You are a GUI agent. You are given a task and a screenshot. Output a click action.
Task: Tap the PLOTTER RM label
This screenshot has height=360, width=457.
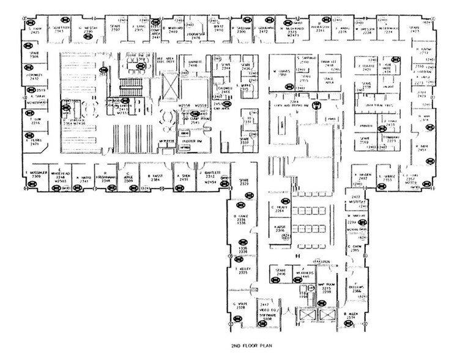[193, 141]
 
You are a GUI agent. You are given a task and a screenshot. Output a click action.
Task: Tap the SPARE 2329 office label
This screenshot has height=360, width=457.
[243, 182]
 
